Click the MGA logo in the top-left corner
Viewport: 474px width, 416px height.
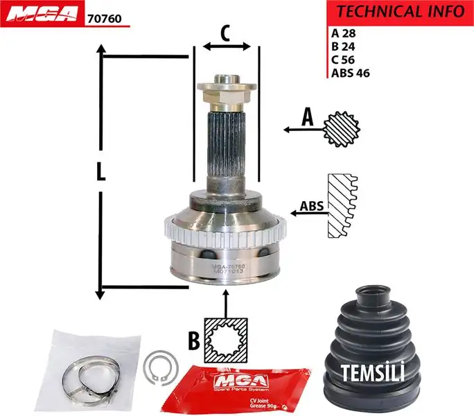click(x=42, y=15)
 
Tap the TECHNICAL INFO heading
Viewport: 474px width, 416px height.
click(x=400, y=11)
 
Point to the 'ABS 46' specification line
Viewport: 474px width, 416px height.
click(x=351, y=72)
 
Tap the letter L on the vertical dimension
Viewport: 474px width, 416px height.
click(x=100, y=172)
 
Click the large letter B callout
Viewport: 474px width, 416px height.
click(x=193, y=340)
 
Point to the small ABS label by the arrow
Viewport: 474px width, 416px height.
click(x=312, y=206)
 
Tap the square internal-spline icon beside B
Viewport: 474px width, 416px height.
click(x=226, y=340)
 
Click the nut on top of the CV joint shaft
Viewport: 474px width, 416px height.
click(x=227, y=90)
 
